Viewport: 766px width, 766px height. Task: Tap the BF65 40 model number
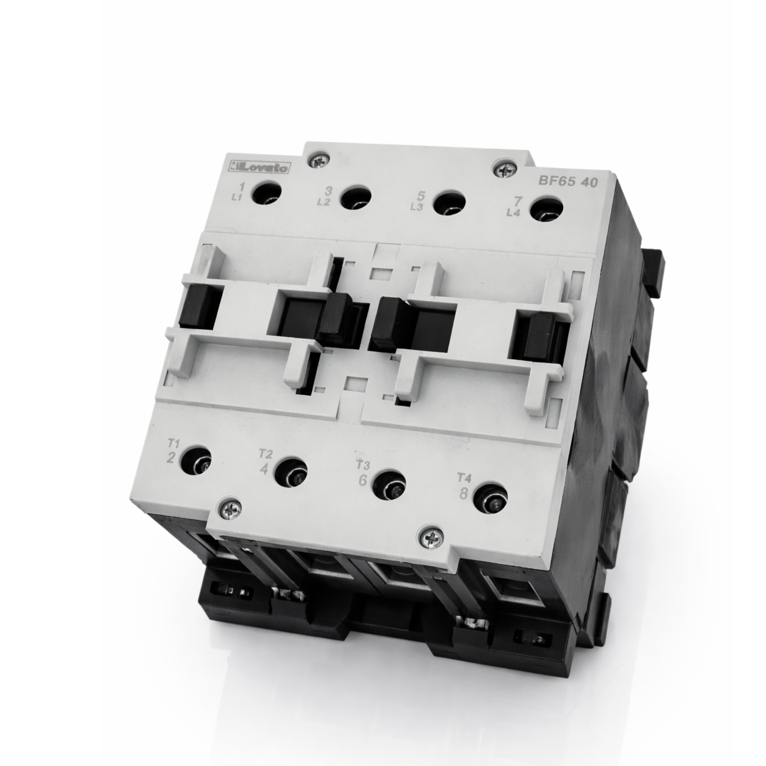pos(567,181)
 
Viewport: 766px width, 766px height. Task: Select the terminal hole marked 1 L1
pos(267,193)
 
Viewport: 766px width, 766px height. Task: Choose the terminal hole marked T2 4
pos(291,473)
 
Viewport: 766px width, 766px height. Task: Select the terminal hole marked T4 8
pos(490,499)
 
